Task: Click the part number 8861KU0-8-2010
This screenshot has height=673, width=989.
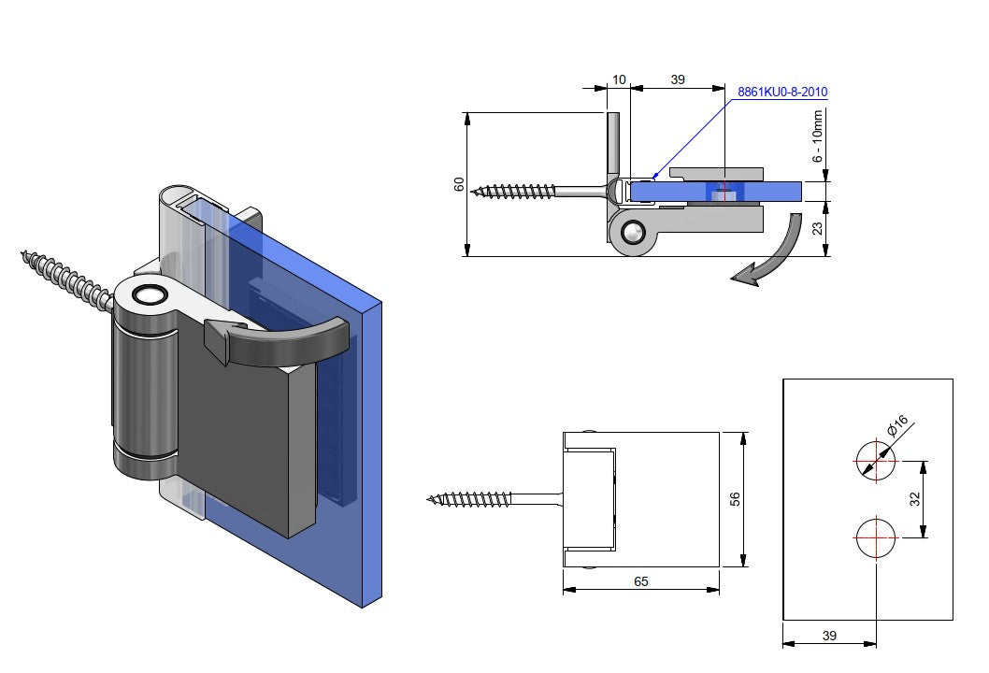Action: (x=782, y=92)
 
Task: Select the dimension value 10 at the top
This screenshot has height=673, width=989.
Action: (x=619, y=80)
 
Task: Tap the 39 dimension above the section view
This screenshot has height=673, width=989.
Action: (x=678, y=80)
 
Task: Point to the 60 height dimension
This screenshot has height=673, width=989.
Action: (x=459, y=184)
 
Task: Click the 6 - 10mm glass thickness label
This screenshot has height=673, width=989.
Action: (x=818, y=136)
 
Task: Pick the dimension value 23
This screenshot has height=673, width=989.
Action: (x=820, y=228)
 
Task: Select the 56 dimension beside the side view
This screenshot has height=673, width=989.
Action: (x=734, y=499)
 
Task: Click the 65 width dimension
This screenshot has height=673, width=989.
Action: (x=641, y=581)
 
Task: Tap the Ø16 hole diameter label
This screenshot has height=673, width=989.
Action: (x=897, y=427)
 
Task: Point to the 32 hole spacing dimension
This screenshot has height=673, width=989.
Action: (x=915, y=499)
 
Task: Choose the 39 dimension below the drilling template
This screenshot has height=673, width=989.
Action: (x=829, y=636)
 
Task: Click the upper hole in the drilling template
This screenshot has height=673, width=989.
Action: (x=875, y=460)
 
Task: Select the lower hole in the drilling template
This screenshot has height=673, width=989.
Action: (x=875, y=538)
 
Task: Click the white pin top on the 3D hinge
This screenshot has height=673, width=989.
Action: (x=147, y=294)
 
